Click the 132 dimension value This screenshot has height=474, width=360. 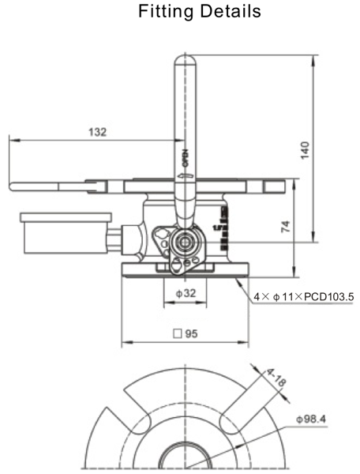(97, 131)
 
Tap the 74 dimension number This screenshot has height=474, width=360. (286, 227)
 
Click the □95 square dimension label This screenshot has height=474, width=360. (186, 333)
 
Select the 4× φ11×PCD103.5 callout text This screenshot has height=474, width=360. (302, 297)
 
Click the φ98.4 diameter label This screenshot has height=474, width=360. (313, 418)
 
